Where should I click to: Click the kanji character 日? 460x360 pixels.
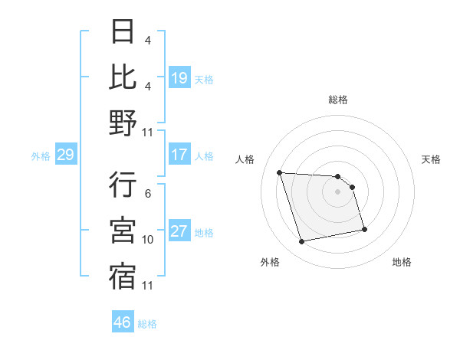pyautogui.click(x=123, y=31)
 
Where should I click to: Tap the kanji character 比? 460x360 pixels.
pyautogui.click(x=123, y=77)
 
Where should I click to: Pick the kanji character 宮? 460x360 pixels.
pyautogui.click(x=123, y=231)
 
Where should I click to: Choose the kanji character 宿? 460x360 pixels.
pyautogui.click(x=123, y=277)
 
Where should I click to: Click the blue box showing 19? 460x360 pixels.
pyautogui.click(x=179, y=77)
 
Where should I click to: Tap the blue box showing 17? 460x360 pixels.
pyautogui.click(x=179, y=155)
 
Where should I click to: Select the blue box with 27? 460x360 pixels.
pyautogui.click(x=179, y=231)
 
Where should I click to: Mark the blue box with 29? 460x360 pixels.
pyautogui.click(x=65, y=155)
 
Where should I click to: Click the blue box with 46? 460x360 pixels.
pyautogui.click(x=123, y=322)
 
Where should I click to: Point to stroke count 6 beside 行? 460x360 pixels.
pyautogui.click(x=148, y=194)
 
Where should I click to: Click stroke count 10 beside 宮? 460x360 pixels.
pyautogui.click(x=148, y=240)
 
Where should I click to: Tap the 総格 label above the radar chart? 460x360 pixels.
pyautogui.click(x=338, y=100)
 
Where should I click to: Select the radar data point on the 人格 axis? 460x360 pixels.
pyautogui.click(x=280, y=172)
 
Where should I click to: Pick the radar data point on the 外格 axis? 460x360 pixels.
pyautogui.click(x=302, y=242)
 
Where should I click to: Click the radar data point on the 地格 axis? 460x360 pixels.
pyautogui.click(x=364, y=229)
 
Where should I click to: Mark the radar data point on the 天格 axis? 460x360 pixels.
pyautogui.click(x=352, y=187)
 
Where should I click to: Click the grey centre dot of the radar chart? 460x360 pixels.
pyautogui.click(x=337, y=191)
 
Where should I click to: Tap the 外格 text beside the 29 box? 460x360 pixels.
pyautogui.click(x=41, y=156)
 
